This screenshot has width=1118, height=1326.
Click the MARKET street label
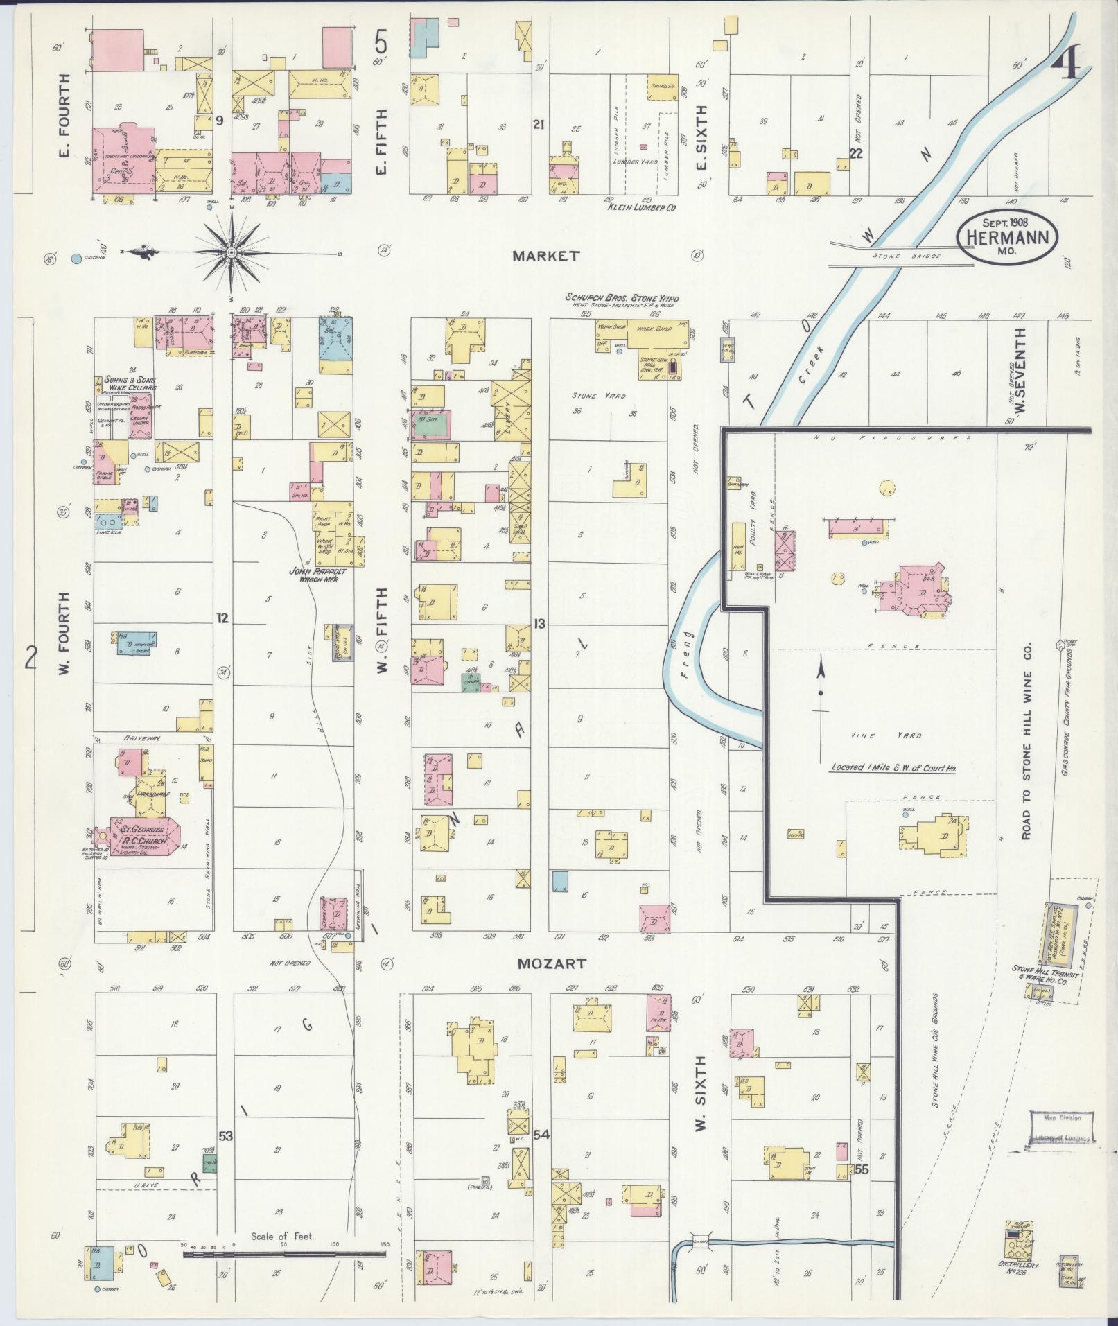pos(545,256)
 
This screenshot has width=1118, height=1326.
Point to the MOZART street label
pos(551,963)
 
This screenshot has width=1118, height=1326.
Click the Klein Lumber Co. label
pos(641,207)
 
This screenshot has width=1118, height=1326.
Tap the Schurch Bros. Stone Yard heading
pos(622,298)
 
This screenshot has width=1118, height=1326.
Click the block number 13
pos(539,623)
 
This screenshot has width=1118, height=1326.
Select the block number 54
pos(541,1135)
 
